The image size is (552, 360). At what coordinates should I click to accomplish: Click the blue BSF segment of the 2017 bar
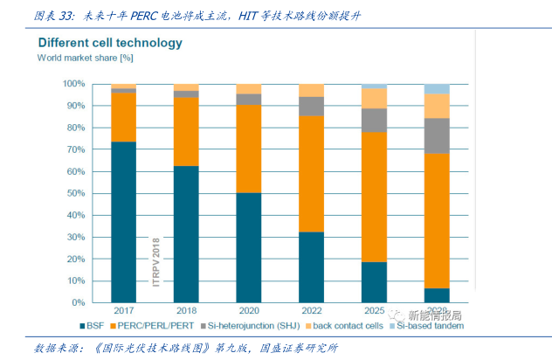coord(123,222)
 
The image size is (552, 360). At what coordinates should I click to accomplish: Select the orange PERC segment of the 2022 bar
coord(311,173)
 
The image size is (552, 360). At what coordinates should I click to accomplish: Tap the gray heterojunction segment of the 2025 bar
coord(374,120)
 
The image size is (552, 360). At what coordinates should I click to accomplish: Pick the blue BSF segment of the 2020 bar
coord(249,247)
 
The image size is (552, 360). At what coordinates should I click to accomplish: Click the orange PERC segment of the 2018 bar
coord(186,131)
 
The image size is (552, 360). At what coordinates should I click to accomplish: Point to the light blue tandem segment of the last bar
coord(437,88)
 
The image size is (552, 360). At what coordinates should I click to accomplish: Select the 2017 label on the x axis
coord(123,312)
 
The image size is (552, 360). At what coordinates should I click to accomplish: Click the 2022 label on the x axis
coord(311,312)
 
